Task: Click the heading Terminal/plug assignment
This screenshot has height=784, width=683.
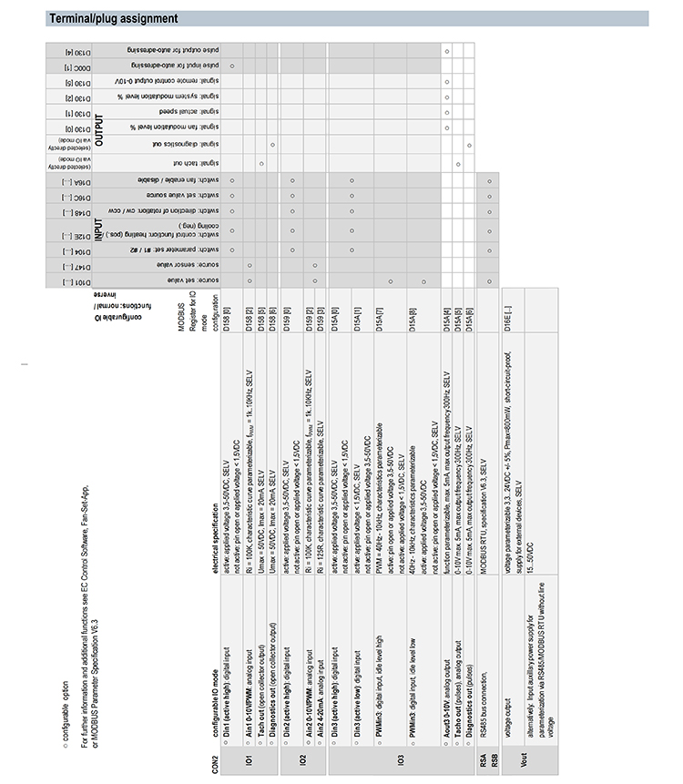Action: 113,18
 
